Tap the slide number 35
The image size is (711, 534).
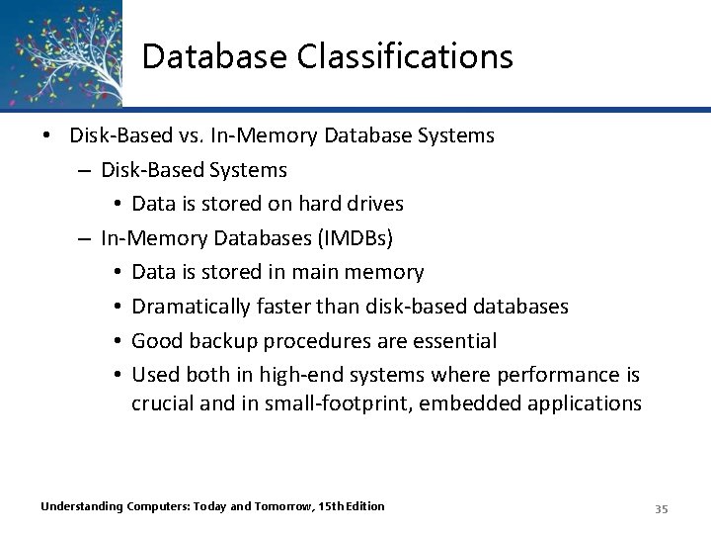coord(662,508)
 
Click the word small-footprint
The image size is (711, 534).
coord(322,403)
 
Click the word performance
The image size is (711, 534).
coord(552,376)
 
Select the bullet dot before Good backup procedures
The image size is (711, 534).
coord(117,341)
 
